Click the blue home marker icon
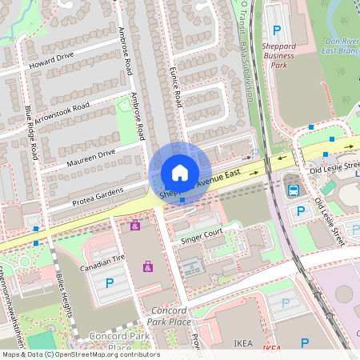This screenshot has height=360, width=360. click(x=180, y=173)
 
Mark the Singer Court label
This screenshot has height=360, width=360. click(x=202, y=234)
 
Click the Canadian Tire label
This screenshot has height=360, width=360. click(x=102, y=258)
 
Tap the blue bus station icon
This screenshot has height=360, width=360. click(x=294, y=190)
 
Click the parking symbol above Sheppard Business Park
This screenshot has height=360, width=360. click(x=277, y=30)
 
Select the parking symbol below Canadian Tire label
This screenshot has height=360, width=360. click(x=110, y=282)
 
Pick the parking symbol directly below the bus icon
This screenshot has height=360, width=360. click(x=301, y=211)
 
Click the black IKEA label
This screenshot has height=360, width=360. click(x=244, y=343)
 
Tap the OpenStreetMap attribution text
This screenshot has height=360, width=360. click(x=80, y=354)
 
